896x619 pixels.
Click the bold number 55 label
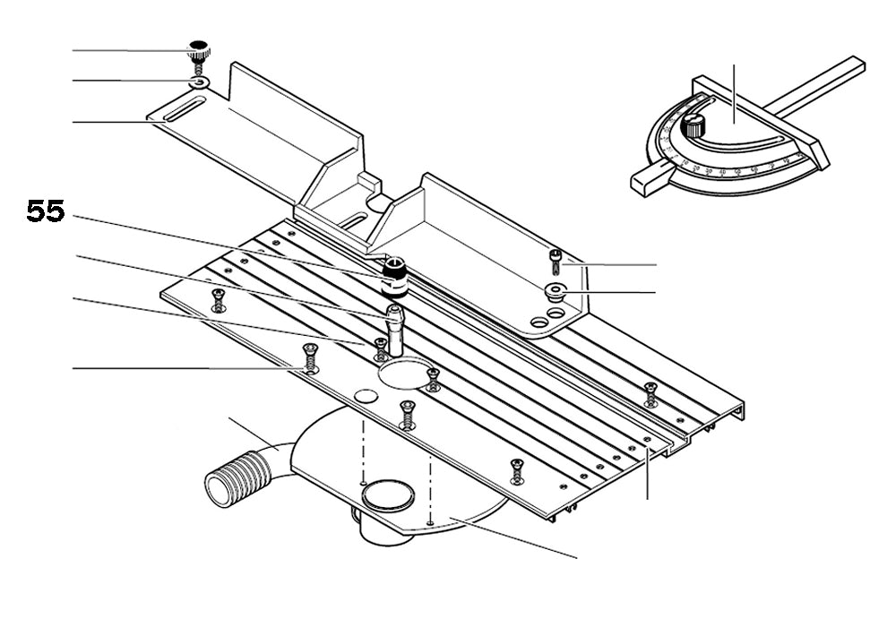(x=45, y=212)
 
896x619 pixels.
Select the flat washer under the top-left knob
(x=199, y=83)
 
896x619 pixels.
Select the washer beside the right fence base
(x=554, y=290)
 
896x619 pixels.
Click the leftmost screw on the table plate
(x=216, y=300)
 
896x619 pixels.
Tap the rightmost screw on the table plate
(x=650, y=392)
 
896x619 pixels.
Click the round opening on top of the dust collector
(x=388, y=494)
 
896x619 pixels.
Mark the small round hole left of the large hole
(x=363, y=396)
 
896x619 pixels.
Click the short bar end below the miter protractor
(x=647, y=176)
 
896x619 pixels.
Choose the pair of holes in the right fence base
(x=547, y=317)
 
